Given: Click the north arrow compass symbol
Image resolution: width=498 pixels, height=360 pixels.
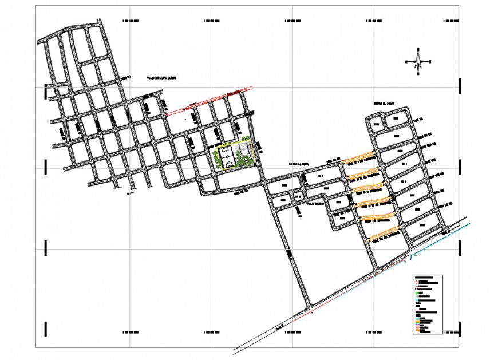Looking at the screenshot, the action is tap(418, 61).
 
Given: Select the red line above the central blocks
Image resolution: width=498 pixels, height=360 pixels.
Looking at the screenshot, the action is tap(209, 101).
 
